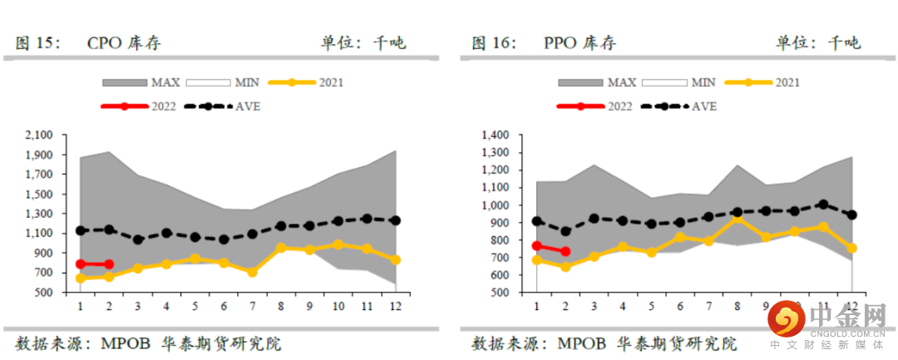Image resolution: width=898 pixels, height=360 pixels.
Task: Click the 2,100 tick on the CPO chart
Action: (x=40, y=135)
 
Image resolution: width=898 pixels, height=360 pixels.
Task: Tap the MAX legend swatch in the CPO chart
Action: (x=124, y=82)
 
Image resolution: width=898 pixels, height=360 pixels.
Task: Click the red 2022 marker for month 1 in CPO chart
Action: (x=81, y=264)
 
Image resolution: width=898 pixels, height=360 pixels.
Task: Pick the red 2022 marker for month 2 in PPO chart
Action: (x=565, y=251)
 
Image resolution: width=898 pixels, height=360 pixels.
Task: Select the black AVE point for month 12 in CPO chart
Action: (x=395, y=220)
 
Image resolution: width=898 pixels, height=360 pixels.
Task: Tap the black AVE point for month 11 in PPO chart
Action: (x=823, y=205)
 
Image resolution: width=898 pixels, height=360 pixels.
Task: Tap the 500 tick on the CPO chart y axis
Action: (x=43, y=293)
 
